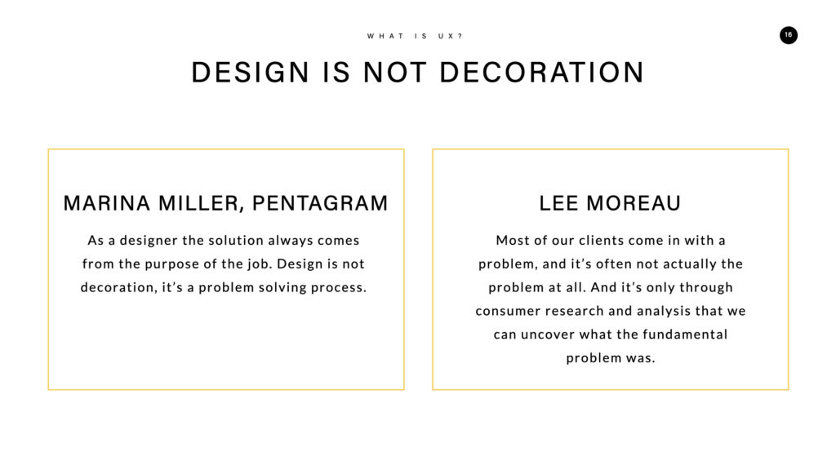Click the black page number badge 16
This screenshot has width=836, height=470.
point(788,35)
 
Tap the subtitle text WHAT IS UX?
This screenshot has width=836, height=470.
point(415,36)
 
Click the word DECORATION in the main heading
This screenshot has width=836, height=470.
point(542,73)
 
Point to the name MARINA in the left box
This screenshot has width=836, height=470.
point(107,203)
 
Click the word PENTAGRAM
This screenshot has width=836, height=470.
point(320,203)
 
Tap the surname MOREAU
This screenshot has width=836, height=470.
point(634,203)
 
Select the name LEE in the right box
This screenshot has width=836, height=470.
point(558,203)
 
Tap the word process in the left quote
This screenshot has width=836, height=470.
point(339,288)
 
